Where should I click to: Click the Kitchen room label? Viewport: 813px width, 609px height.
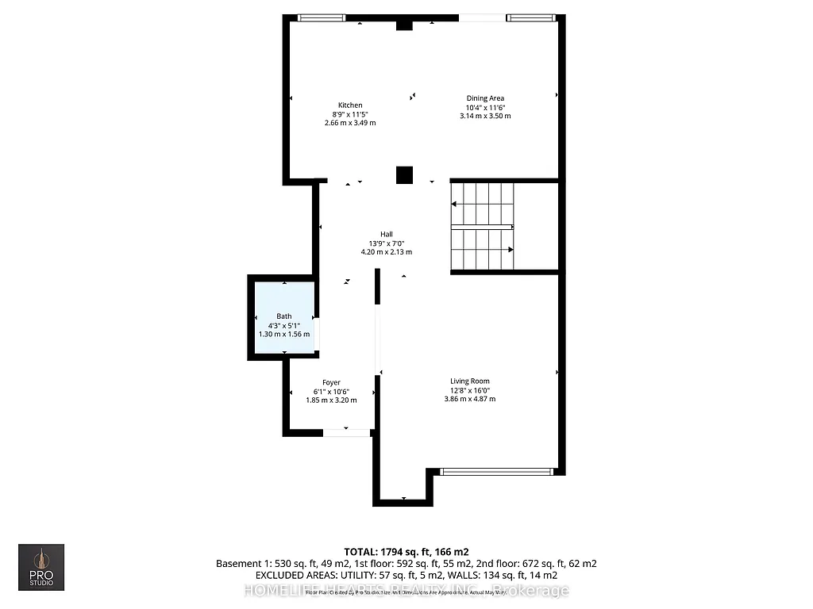pos(350,105)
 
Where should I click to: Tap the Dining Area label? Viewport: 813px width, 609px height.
pos(485,98)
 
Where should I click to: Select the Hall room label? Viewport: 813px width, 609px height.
pos(387,234)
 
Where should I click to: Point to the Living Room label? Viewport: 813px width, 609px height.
pos(469,381)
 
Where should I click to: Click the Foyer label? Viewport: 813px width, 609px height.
pos(331,383)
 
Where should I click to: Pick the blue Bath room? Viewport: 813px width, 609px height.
pos(283,317)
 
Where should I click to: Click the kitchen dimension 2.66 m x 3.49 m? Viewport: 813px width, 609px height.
pos(350,123)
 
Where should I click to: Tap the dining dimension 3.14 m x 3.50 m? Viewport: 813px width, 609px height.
pos(485,116)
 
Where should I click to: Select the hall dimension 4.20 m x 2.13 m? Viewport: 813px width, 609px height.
pos(387,252)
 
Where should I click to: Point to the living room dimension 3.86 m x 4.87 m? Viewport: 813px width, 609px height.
pos(469,399)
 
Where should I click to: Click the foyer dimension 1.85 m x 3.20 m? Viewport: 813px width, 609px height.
pos(331,400)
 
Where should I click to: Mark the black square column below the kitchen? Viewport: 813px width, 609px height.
pos(405,174)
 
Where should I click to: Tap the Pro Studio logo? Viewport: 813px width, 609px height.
pos(41,567)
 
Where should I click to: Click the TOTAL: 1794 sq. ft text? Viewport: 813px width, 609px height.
pos(406,551)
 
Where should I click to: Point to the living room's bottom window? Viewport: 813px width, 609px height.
pos(496,472)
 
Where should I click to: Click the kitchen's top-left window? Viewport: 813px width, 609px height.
pos(322,17)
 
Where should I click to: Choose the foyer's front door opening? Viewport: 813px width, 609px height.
pos(347,433)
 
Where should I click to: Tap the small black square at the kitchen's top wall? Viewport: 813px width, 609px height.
pos(404,25)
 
